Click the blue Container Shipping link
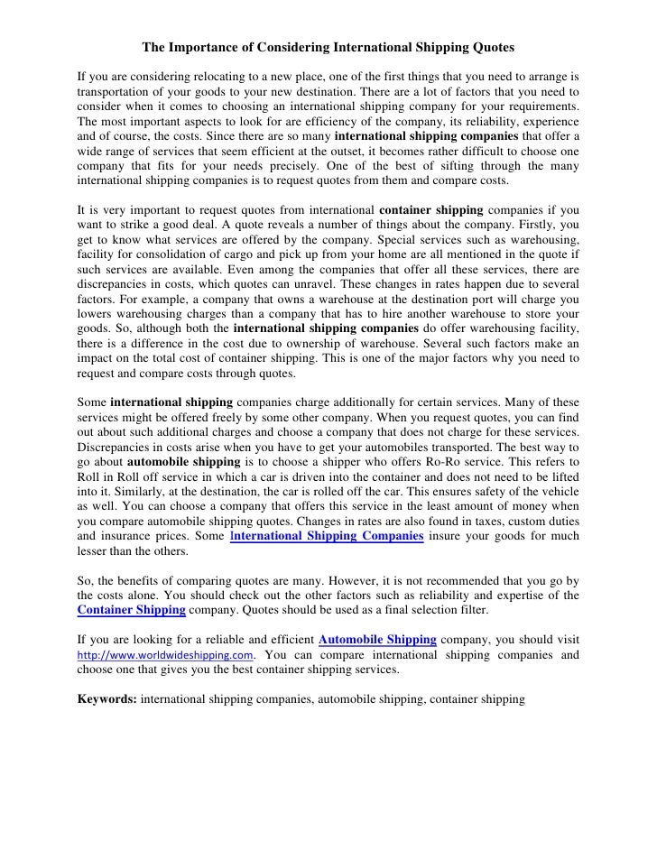click(x=133, y=610)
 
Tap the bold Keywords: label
click(x=108, y=698)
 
